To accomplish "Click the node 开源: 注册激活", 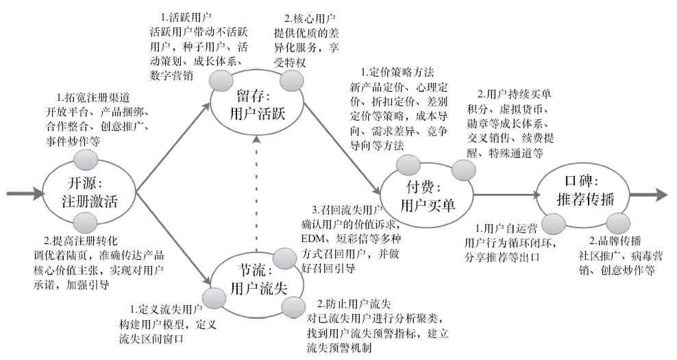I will click(x=88, y=193).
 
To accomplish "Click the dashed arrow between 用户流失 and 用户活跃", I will click(x=256, y=192).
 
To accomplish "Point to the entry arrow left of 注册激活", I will click(x=21, y=194).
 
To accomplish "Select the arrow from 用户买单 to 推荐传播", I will click(x=503, y=195).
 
